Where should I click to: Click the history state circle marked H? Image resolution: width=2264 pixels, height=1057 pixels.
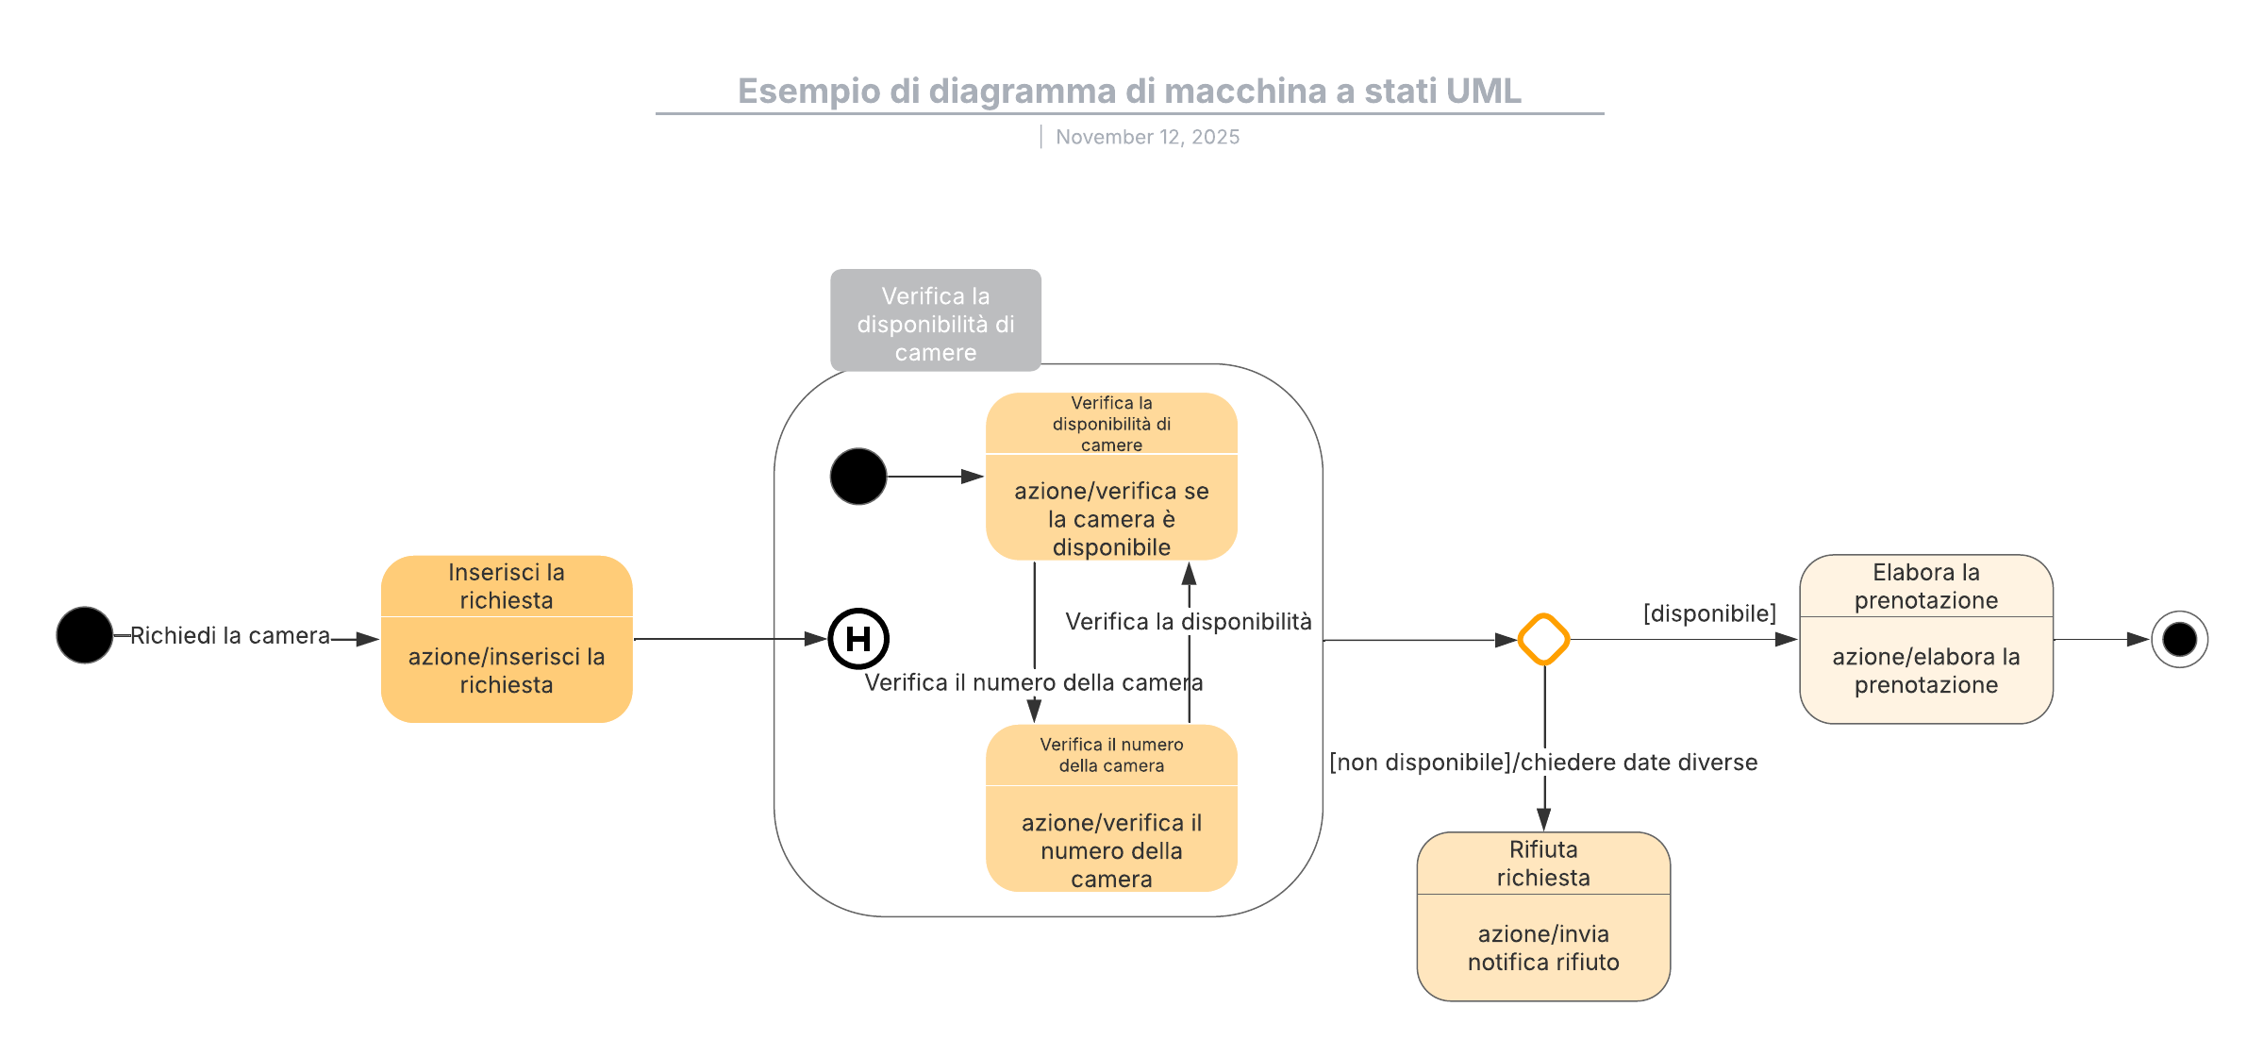point(858,639)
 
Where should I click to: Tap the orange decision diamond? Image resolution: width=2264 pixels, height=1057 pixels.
point(1544,639)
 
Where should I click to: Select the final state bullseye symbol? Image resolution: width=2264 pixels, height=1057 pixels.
point(2179,639)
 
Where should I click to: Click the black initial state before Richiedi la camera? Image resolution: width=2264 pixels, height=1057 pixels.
point(85,635)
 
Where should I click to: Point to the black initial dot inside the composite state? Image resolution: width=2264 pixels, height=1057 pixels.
point(858,477)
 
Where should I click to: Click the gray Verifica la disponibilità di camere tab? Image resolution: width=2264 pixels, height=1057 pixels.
point(936,321)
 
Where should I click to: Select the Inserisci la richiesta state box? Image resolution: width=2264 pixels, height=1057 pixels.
point(507,639)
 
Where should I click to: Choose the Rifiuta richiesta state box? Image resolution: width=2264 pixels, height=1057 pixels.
point(1543,915)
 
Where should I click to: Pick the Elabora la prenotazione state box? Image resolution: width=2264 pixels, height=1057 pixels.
point(1926,639)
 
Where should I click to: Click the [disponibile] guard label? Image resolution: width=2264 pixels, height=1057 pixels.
point(1709,613)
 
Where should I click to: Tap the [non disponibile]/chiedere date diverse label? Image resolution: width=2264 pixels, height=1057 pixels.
point(1543,763)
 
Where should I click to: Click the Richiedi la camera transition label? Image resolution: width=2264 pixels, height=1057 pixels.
point(230,636)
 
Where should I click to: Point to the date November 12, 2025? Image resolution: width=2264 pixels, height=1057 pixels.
point(1147,137)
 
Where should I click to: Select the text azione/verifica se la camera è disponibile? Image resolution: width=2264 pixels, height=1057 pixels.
point(1111,519)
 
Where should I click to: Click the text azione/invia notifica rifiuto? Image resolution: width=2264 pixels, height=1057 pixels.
point(1543,948)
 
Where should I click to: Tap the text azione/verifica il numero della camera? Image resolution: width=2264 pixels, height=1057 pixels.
point(1111,850)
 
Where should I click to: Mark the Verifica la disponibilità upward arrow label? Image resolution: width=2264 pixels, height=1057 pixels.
point(1189,622)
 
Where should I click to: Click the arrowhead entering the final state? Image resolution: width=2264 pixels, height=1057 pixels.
point(2139,639)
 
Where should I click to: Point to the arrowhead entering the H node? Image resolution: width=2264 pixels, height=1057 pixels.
point(816,639)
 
